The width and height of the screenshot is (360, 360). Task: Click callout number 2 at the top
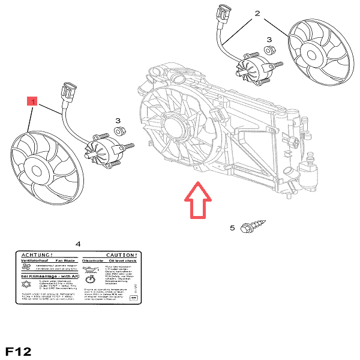(257, 13)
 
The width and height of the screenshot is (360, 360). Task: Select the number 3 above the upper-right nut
(269, 40)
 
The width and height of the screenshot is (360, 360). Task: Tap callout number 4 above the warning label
(78, 244)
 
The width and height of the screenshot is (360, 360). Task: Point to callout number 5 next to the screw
(232, 228)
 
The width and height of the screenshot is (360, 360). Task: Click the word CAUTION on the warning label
(122, 255)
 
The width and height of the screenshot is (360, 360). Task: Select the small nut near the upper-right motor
(269, 51)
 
